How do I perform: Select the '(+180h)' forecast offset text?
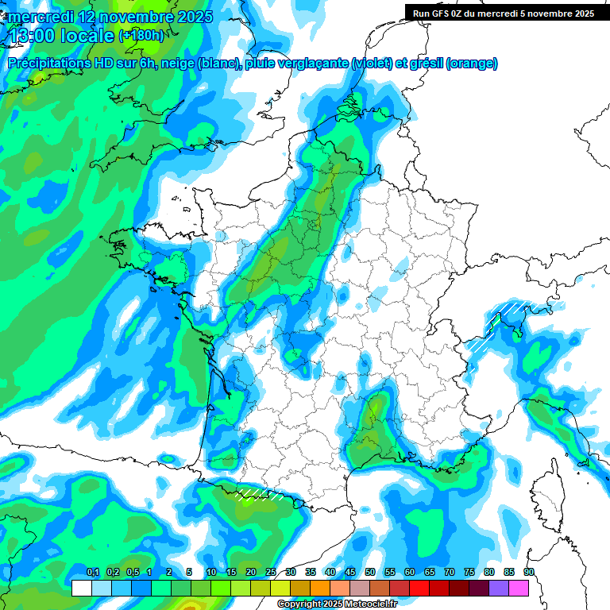pos(142,36)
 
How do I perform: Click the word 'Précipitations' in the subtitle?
pos(54,64)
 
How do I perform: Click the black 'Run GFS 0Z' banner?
pos(504,13)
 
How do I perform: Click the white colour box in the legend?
pos(82,589)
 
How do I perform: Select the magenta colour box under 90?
pos(519,589)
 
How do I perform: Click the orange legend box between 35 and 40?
pos(320,589)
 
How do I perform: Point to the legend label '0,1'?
pos(92,573)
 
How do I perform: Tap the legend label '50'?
pos(370,573)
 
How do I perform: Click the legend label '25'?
pos(271,573)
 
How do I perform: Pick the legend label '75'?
pos(469,573)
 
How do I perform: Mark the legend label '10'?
pos(211,573)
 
